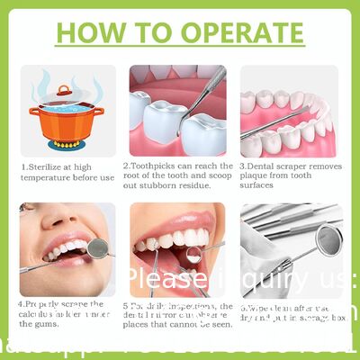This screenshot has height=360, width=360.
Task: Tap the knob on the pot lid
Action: (64, 89)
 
